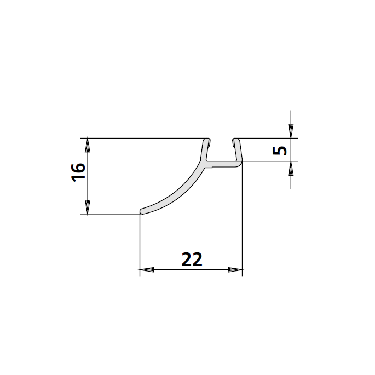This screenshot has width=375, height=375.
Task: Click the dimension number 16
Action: pyautogui.click(x=78, y=172)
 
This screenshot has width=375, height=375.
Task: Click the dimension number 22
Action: pyautogui.click(x=192, y=259)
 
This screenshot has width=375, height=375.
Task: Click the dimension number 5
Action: pyautogui.click(x=280, y=150)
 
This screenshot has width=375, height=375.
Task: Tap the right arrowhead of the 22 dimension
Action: pyautogui.click(x=235, y=270)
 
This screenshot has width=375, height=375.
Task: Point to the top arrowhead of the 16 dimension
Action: pyautogui.click(x=87, y=145)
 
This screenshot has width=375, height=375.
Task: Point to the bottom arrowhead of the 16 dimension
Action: pyautogui.click(x=87, y=207)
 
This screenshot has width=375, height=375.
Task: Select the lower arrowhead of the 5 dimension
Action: pyautogui.click(x=291, y=168)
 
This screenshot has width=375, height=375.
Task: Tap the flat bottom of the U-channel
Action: pyautogui.click(x=223, y=163)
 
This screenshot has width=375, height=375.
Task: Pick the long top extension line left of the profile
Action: pyautogui.click(x=142, y=138)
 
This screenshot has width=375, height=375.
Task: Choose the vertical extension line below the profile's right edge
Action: pyautogui.click(x=242, y=219)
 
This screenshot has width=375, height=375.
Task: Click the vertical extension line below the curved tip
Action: pyautogui.click(x=140, y=241)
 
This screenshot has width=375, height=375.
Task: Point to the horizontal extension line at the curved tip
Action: pyautogui.click(x=109, y=214)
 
